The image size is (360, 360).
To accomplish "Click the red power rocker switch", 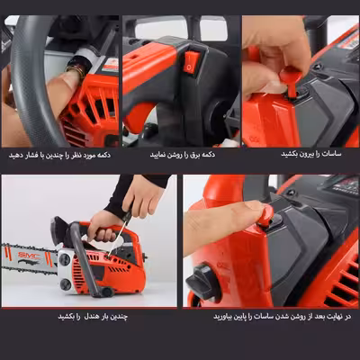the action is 191,62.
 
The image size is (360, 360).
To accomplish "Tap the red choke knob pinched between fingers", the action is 291,78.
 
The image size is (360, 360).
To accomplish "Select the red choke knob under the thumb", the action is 265,215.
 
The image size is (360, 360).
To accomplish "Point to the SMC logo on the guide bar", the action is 29,256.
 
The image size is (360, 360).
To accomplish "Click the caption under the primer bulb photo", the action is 59,155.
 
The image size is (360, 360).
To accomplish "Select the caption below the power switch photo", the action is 183,155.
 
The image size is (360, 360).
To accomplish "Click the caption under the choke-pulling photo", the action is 311,154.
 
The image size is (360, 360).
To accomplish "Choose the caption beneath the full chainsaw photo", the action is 93,316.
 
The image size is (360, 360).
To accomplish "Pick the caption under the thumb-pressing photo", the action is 282,316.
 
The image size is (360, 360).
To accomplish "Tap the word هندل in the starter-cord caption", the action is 90,316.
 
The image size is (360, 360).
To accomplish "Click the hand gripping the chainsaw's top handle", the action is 102,227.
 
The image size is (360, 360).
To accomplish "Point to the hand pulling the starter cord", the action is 142,196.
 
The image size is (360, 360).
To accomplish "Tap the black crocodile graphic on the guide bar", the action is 29,263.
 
